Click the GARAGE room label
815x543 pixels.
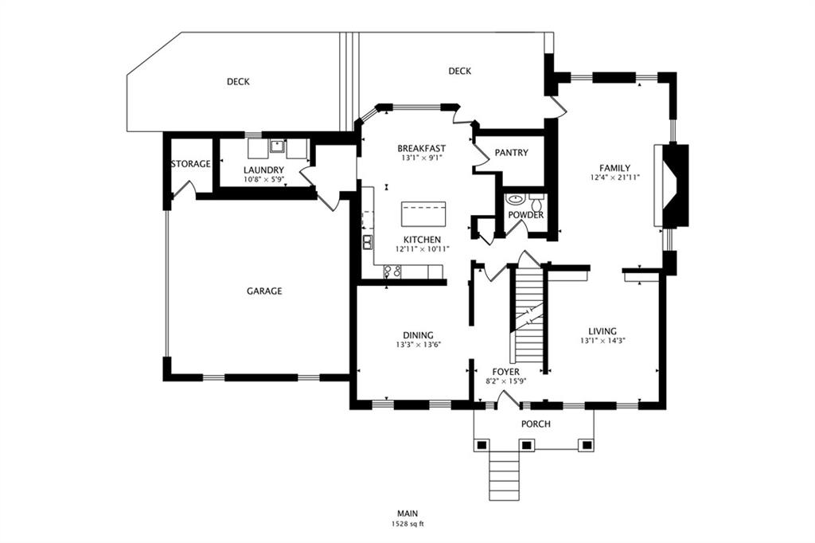point(264,291)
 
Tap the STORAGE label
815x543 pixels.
point(191,164)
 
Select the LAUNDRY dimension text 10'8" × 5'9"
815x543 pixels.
point(263,179)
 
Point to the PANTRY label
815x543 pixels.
point(512,153)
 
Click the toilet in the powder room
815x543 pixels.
point(536,201)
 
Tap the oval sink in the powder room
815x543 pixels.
point(515,199)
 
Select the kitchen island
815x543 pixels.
point(423,213)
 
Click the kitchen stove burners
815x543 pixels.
point(392,271)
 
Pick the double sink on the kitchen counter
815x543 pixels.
point(368,242)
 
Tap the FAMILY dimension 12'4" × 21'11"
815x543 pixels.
point(615,178)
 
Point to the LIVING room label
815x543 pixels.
point(602,331)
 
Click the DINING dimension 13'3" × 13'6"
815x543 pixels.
point(419,344)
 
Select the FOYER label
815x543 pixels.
point(505,372)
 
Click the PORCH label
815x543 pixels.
point(536,424)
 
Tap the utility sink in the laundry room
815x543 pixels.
point(277,146)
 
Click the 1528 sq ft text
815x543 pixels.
point(407,524)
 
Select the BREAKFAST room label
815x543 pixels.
point(422,148)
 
